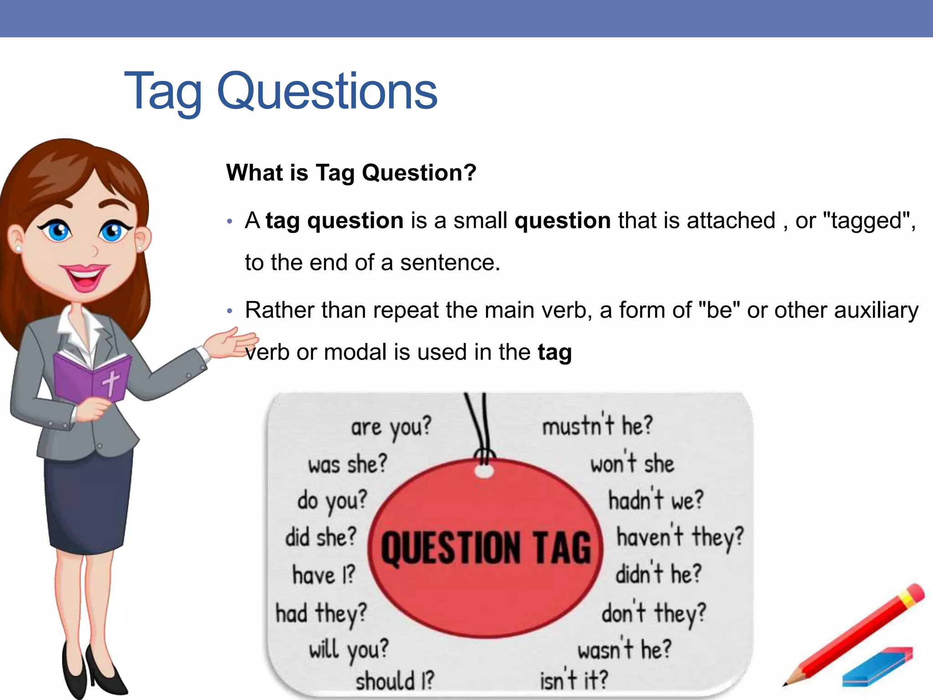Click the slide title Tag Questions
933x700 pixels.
coord(280,91)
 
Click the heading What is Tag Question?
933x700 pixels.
coord(351,173)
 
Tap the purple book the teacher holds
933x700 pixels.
coord(91,378)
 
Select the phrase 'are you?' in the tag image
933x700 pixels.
coord(390,427)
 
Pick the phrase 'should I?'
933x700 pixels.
coord(395,681)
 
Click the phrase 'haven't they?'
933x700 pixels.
coord(680,537)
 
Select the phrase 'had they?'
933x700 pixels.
coord(321,613)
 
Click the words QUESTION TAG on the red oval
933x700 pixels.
coord(486,548)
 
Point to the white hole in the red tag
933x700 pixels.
coord(484,471)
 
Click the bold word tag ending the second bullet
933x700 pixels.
coord(554,352)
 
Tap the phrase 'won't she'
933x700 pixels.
coord(632,464)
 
